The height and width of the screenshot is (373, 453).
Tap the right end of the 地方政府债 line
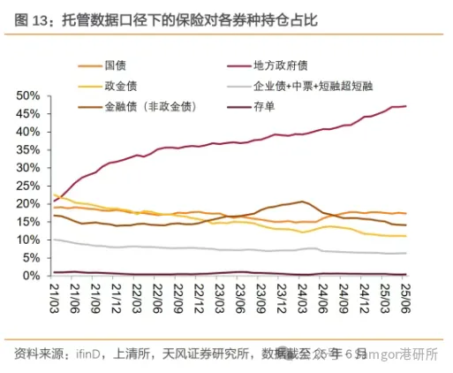[x=405, y=106]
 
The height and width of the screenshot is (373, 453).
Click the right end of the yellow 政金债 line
[x=405, y=236]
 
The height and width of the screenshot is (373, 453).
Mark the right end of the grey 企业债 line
[x=405, y=253]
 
